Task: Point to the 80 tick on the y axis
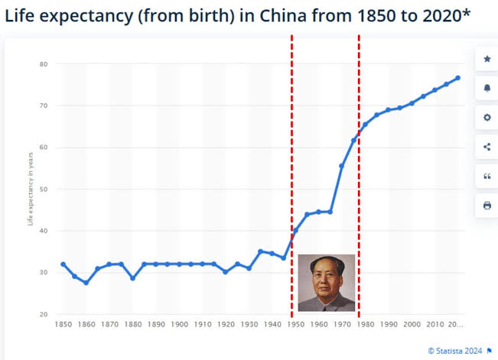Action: click(44, 64)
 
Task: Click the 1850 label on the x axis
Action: click(63, 324)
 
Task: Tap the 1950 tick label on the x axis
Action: click(295, 324)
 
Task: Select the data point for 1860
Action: click(86, 283)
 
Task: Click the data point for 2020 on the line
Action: click(457, 78)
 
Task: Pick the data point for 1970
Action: click(342, 166)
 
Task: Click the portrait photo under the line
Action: click(326, 283)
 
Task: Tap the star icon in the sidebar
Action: click(487, 59)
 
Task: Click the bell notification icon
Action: click(487, 89)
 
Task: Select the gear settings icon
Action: click(487, 118)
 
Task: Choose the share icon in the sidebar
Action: click(487, 147)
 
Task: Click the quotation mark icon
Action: click(487, 177)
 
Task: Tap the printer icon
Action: click(487, 206)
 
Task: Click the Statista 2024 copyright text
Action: click(455, 351)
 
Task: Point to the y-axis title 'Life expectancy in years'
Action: click(31, 189)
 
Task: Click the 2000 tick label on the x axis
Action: click(411, 324)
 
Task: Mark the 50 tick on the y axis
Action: click(44, 189)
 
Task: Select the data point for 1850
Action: click(63, 264)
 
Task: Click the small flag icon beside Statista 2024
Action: click(489, 351)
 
